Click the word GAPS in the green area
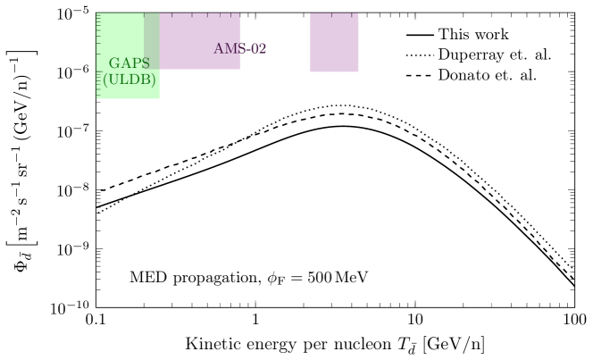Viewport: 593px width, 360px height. coord(129,64)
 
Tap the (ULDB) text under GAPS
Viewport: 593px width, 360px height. coord(129,80)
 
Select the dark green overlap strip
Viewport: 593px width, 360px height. coord(152,40)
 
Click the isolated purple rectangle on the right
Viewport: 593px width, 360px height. coord(334,43)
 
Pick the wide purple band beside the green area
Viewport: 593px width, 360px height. coord(200,31)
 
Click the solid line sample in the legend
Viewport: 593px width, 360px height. coord(419,35)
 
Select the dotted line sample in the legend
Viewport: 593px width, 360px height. coord(419,54)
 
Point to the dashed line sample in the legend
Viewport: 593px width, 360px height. coord(419,74)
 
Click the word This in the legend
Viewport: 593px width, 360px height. coord(453,35)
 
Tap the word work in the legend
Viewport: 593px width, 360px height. coord(490,35)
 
